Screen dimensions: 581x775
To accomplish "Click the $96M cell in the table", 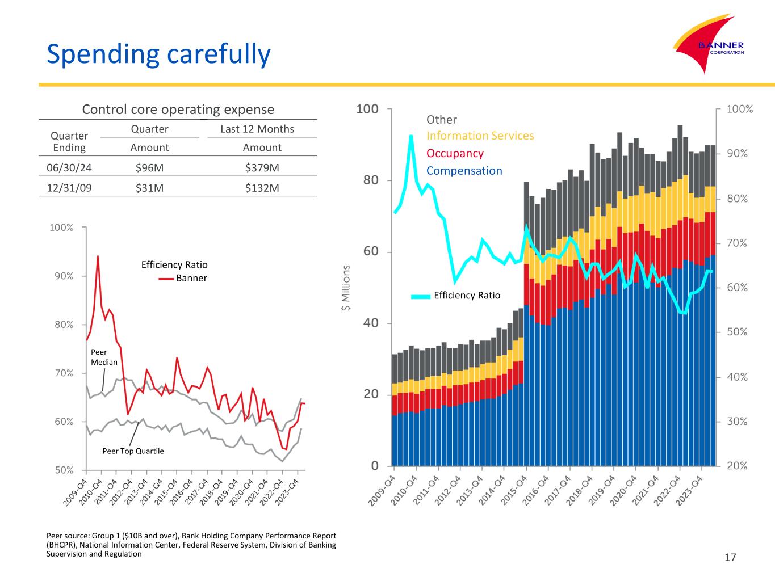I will (x=149, y=168).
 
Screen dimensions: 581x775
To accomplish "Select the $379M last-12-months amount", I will (x=262, y=168).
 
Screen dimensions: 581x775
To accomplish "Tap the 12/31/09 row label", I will (x=69, y=188).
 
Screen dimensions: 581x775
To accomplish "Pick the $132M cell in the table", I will (x=262, y=188).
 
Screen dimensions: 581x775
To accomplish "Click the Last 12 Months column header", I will (x=257, y=129).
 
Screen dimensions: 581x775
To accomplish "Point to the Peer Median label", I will (x=104, y=357).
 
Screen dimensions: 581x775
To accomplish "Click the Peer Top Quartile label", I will (x=133, y=451).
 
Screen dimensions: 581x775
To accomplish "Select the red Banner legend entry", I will (x=183, y=279).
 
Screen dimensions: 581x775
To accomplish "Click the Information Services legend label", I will (x=480, y=136).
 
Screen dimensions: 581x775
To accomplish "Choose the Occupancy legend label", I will (x=455, y=154).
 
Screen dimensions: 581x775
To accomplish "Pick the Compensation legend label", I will (x=464, y=171).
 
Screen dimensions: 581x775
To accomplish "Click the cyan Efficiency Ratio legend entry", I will (x=456, y=296).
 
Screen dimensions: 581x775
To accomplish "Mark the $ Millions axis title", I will (x=345, y=288).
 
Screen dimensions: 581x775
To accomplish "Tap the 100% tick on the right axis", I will (x=740, y=109).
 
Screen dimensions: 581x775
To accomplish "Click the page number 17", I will (x=730, y=558).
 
